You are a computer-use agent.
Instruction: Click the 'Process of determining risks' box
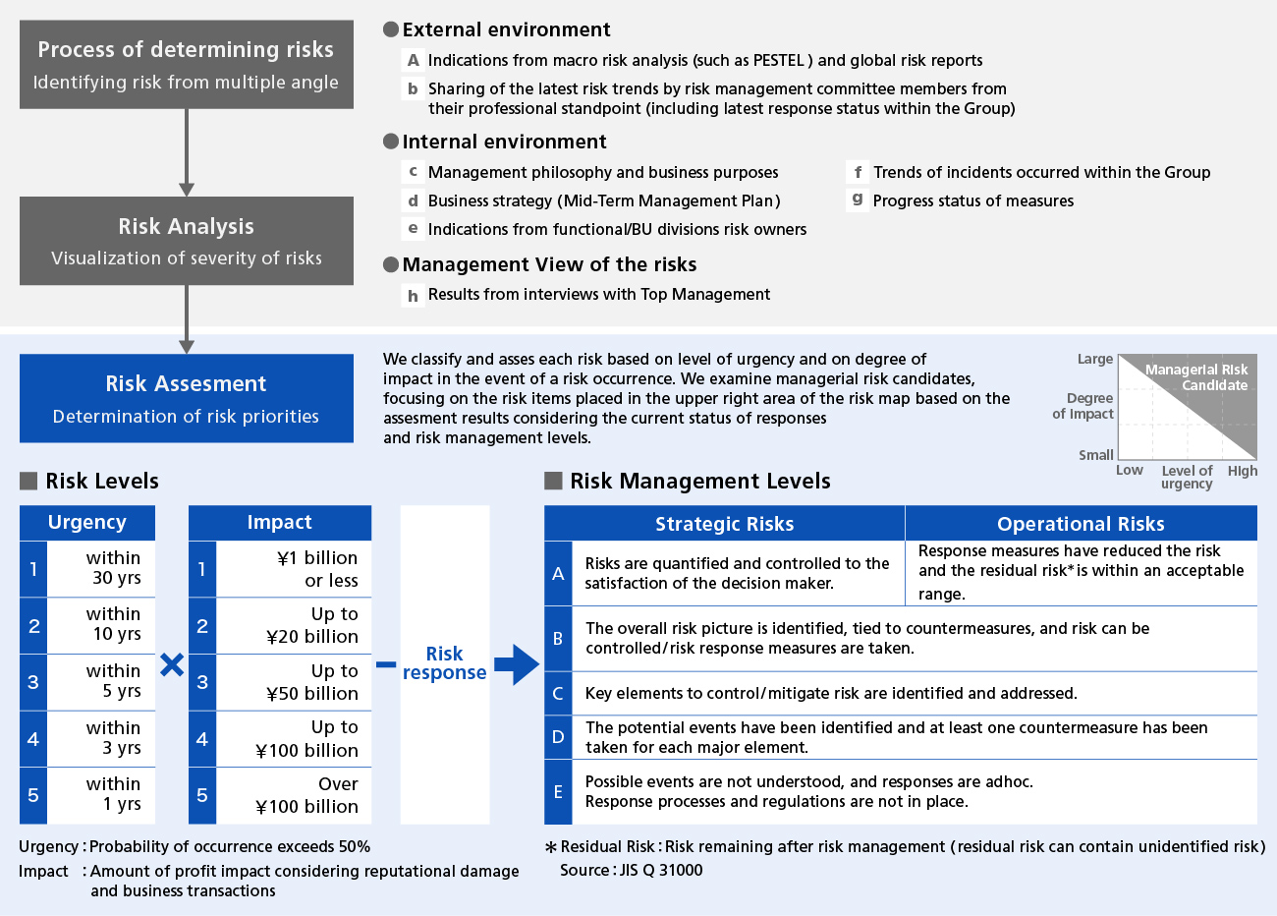(186, 65)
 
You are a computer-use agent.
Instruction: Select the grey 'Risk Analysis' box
(186, 241)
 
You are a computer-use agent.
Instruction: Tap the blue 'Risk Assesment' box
(186, 398)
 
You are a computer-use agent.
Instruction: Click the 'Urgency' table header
(87, 522)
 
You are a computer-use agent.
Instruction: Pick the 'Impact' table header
(280, 522)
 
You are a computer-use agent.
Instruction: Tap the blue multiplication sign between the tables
(172, 665)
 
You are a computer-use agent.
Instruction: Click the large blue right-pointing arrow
(517, 665)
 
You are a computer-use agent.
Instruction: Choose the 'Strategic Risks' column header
(725, 524)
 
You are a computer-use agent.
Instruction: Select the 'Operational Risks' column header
(1081, 524)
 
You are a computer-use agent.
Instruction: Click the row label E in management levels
(558, 791)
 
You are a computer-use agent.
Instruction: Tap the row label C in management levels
(558, 693)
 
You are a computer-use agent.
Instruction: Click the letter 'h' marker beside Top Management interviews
(413, 295)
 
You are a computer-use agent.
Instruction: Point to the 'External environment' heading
(506, 29)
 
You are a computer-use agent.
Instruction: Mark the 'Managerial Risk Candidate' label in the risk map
(1197, 377)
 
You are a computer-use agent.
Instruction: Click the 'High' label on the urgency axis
(1243, 471)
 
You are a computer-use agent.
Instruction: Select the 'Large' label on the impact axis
(1095, 359)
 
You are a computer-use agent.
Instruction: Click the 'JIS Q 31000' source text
(661, 870)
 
